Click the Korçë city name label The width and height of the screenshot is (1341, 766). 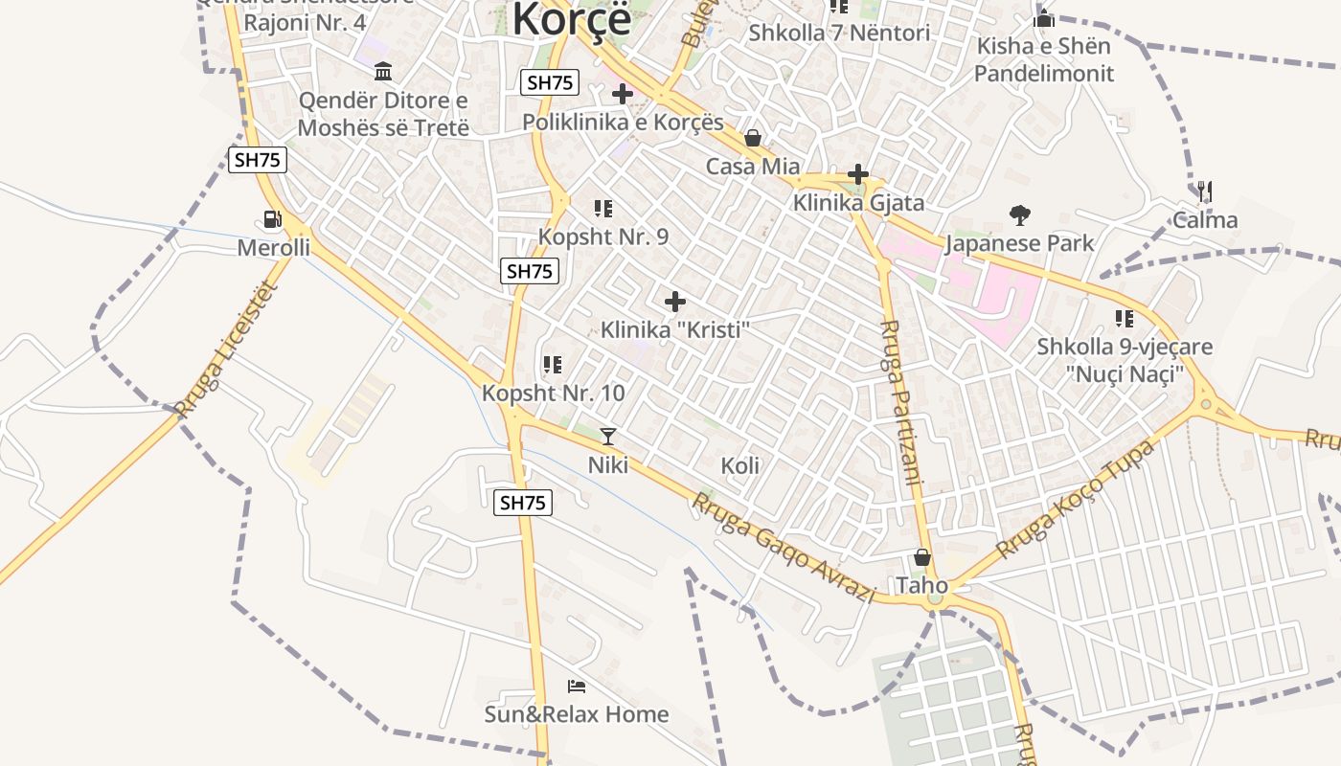(572, 19)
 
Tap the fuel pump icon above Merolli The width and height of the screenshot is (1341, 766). (273, 219)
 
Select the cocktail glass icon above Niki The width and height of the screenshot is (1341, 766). (608, 437)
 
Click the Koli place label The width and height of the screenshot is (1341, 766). (740, 466)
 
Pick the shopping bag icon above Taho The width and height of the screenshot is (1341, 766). (922, 557)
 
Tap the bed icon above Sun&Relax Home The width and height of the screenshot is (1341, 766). (577, 687)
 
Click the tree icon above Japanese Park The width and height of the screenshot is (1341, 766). (1019, 215)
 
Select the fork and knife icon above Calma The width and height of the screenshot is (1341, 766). (1205, 191)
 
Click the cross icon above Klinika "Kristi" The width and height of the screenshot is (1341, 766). (675, 303)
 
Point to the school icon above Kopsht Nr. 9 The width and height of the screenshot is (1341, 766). (602, 209)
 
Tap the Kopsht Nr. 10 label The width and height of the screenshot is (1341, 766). (554, 393)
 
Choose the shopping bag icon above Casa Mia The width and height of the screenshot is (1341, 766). (753, 139)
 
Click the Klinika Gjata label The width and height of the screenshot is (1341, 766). (858, 203)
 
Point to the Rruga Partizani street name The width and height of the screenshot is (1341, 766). (899, 402)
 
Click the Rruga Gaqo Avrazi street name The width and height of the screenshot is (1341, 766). (784, 548)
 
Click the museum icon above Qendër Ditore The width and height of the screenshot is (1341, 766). (383, 72)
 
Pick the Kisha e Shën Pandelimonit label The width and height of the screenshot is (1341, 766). (1044, 59)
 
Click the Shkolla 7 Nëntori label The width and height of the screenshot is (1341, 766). (839, 33)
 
